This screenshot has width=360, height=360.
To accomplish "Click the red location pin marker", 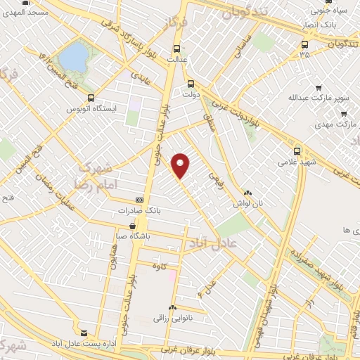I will pyautogui.click(x=181, y=165).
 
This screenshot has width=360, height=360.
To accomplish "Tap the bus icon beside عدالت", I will pyautogui.click(x=176, y=49).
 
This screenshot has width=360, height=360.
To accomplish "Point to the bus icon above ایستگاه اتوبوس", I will pyautogui.click(x=90, y=98).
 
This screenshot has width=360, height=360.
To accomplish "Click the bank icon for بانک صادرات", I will pyautogui.click(x=139, y=200).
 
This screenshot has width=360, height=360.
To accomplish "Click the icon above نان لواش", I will pyautogui.click(x=247, y=193).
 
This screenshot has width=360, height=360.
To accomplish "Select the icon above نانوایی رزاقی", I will pyautogui.click(x=172, y=308).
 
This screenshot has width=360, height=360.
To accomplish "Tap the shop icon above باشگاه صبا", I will pyautogui.click(x=133, y=226).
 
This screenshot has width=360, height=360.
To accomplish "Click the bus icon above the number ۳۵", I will pyautogui.click(x=304, y=43).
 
